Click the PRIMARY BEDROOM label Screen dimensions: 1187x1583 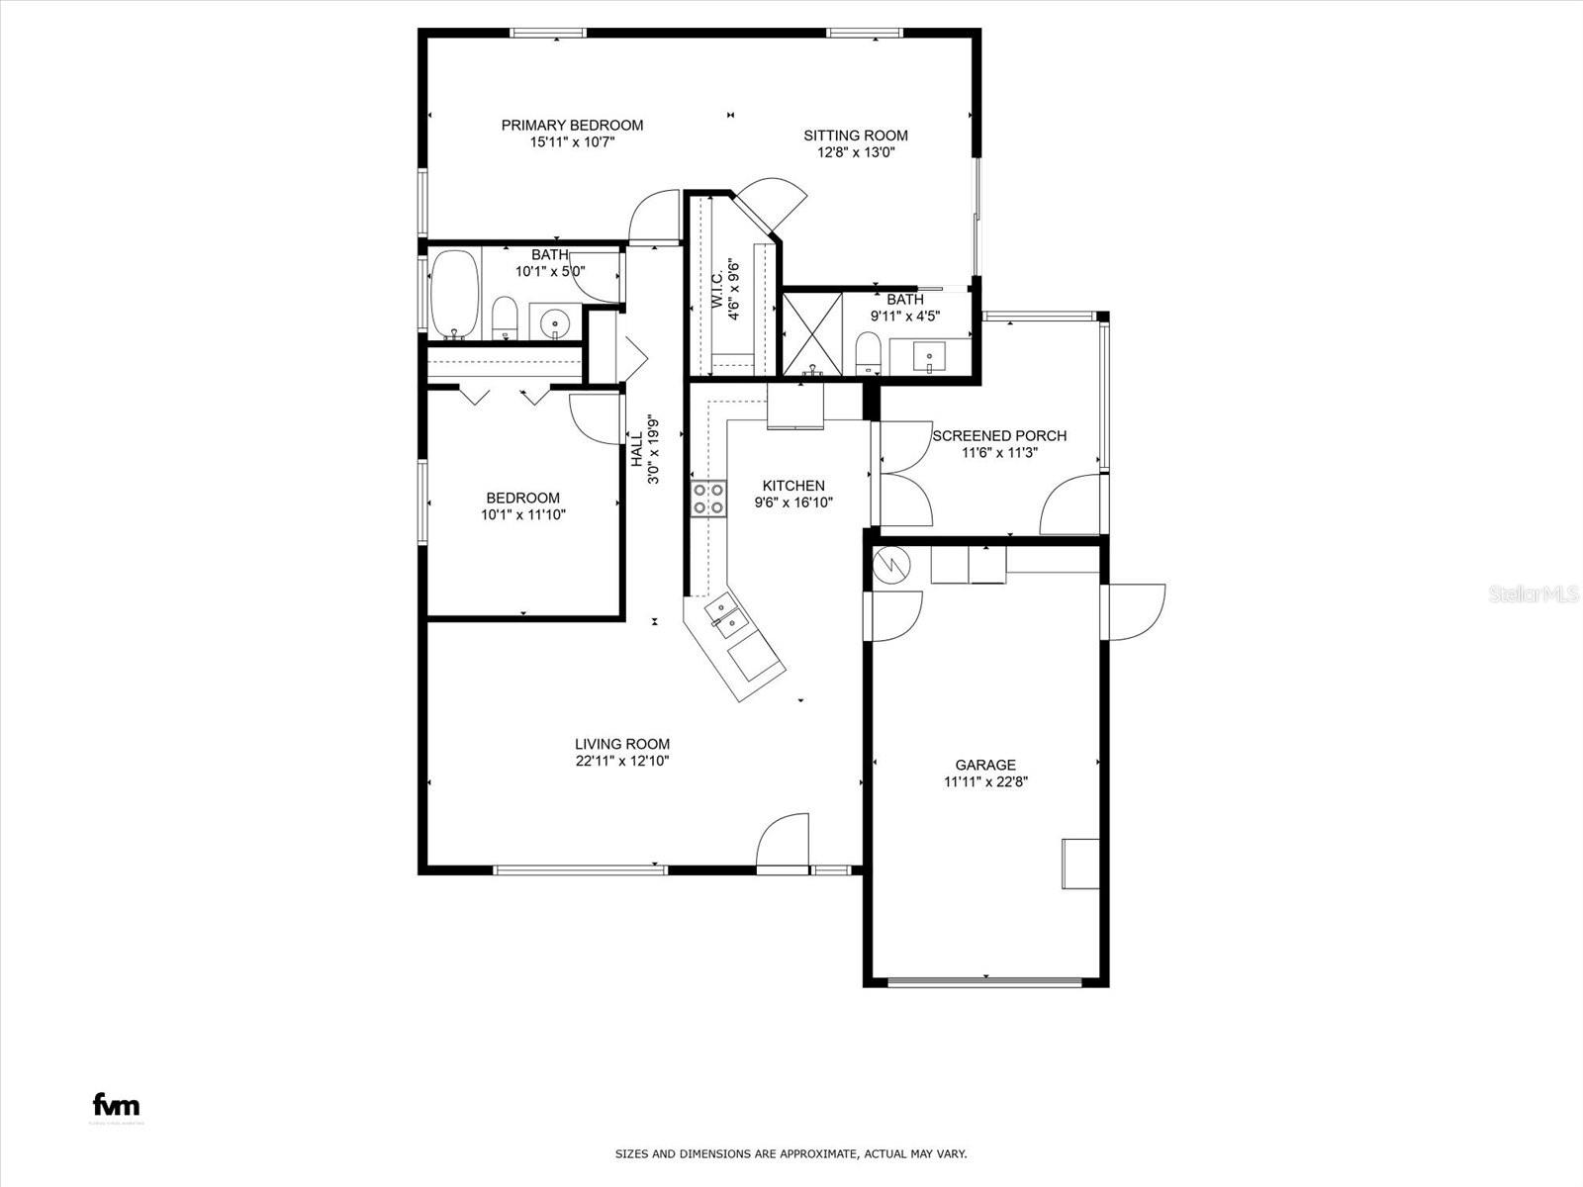572,126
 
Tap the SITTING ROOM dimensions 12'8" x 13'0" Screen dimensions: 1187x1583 856,152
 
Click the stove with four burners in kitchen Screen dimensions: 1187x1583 707,498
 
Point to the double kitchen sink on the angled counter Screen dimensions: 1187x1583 725,617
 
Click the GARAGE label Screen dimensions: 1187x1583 985,765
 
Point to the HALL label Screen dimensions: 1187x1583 637,450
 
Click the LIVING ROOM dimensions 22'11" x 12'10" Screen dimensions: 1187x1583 622,762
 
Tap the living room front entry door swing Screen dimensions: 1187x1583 783,841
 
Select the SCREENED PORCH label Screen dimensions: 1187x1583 999,435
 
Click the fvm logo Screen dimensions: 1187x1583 116,1105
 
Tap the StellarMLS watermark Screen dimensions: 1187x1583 1535,593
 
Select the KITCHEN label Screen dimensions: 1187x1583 793,486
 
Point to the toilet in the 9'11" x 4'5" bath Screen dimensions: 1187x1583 868,351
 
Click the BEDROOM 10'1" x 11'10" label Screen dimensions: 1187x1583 522,499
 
